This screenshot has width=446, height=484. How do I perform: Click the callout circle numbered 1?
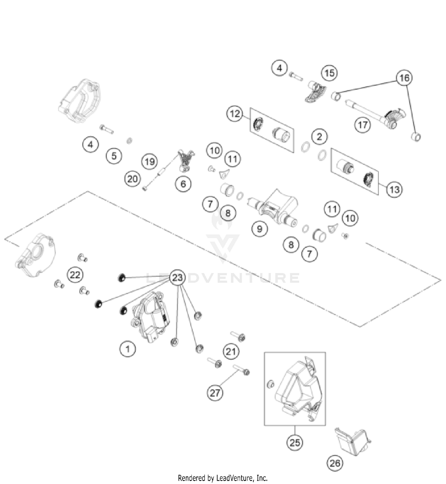coord(128,349)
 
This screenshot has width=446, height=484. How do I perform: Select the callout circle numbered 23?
coord(178,278)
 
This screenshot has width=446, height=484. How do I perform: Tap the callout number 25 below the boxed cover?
coord(295,442)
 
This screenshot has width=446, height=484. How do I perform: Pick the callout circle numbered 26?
coord(335,463)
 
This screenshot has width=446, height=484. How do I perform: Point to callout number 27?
coord(215,393)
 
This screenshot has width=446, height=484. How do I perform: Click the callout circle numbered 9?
coord(260,229)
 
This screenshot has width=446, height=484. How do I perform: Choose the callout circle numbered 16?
coord(404,78)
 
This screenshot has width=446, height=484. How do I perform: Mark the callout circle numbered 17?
coord(363,125)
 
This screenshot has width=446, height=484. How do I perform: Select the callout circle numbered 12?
coord(235,114)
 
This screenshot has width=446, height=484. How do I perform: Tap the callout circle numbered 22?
coord(75,275)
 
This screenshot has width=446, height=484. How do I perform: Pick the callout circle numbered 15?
coord(329,73)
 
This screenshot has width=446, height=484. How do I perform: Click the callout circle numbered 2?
coord(319,137)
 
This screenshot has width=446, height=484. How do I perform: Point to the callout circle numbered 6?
coord(183,184)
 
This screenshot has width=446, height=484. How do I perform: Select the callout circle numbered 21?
coord(231,352)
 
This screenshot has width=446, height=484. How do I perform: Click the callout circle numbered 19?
coord(150,162)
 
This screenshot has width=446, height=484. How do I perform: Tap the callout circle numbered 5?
coord(114,156)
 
